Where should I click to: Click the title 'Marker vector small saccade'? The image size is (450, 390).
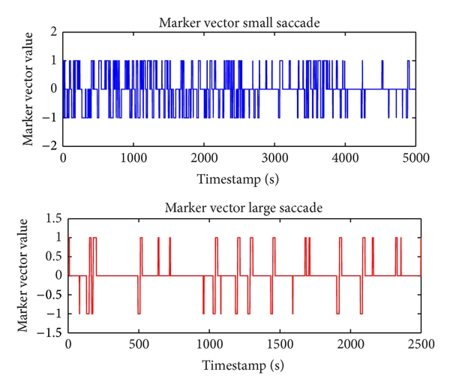click(x=240, y=22)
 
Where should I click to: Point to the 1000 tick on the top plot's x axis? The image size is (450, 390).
click(x=133, y=158)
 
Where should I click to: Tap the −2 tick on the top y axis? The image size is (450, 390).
click(x=51, y=146)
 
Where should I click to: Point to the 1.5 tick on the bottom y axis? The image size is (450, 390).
click(x=52, y=218)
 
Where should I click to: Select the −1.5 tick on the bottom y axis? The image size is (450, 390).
click(x=49, y=331)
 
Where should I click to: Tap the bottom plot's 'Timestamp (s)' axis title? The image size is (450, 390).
click(x=244, y=366)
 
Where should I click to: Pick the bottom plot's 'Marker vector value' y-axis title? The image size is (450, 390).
click(x=30, y=275)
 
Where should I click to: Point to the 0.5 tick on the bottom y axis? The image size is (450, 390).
click(x=52, y=256)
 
